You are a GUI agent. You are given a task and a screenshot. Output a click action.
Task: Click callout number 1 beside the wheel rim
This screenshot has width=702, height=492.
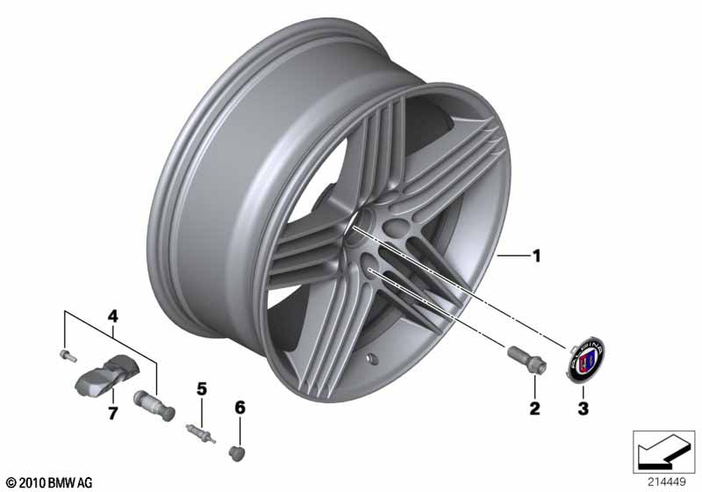(536, 257)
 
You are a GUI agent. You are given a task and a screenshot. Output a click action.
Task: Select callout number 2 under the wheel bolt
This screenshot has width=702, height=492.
(534, 409)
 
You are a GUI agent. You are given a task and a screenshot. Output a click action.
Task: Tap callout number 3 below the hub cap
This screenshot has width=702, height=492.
(581, 409)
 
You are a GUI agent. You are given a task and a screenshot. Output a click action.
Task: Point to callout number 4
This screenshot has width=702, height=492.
(111, 315)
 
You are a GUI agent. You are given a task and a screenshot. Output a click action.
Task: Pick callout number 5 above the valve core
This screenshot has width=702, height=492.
(200, 388)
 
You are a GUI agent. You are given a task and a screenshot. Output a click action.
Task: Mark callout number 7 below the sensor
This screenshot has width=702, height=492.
(111, 413)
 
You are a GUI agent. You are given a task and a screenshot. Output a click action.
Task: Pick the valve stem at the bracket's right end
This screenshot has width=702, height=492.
(153, 405)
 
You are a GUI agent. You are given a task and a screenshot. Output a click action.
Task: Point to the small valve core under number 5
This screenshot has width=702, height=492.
(199, 431)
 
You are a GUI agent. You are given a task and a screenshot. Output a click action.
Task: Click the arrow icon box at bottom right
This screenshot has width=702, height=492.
(664, 450)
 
